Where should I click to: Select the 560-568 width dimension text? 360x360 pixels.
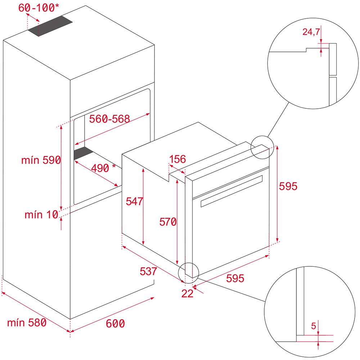tap(109, 119)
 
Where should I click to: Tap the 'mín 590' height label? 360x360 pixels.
tap(41, 161)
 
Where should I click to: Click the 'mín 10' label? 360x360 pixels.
tap(41, 215)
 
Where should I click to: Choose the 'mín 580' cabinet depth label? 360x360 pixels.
tap(27, 323)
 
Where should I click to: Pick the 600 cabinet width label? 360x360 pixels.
tap(115, 324)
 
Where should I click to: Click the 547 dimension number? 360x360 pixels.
tap(134, 201)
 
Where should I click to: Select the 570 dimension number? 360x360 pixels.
tap(168, 222)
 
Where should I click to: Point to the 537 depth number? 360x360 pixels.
tap(148, 271)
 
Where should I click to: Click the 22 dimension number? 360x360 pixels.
tap(187, 293)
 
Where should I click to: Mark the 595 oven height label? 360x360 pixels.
tap(288, 186)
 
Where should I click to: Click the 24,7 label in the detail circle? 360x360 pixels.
tap(311, 32)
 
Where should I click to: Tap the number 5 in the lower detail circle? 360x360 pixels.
tap(313, 326)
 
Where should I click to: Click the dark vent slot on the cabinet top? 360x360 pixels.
tap(50, 27)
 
